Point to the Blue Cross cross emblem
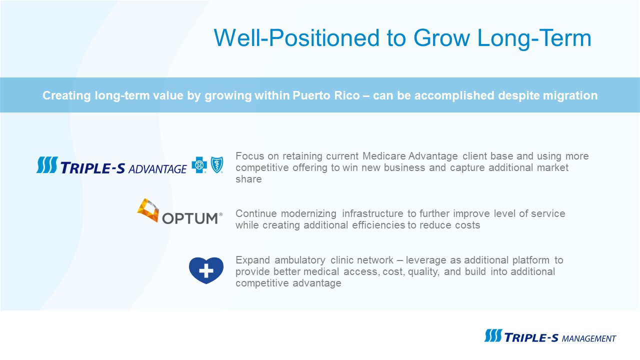click(x=199, y=165)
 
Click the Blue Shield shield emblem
click(x=217, y=165)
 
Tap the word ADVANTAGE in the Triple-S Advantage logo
click(x=157, y=169)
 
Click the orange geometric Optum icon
click(x=148, y=210)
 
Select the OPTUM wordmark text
click(x=190, y=218)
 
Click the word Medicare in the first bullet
click(x=384, y=156)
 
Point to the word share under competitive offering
click(x=248, y=179)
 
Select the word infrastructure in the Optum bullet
click(x=372, y=213)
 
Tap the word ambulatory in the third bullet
click(x=299, y=260)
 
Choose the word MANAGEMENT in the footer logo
click(x=589, y=339)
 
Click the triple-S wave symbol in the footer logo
click(x=493, y=335)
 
